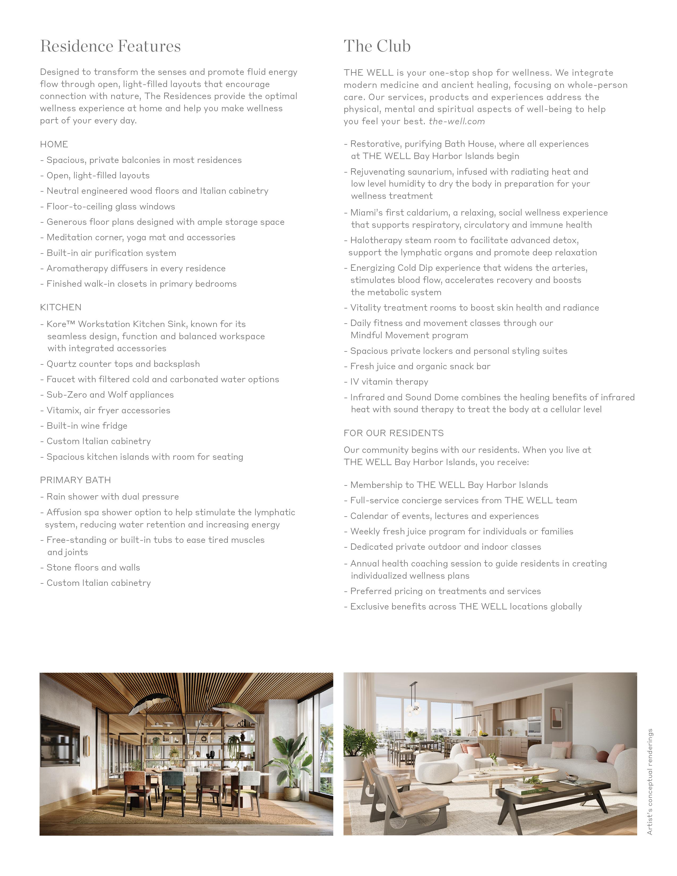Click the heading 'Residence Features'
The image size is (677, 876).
click(x=110, y=46)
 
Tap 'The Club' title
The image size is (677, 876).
click(x=377, y=46)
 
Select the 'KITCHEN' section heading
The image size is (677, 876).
click(x=61, y=307)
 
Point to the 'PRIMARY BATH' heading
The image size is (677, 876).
click(x=75, y=480)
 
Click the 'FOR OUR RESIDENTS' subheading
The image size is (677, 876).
click(x=393, y=433)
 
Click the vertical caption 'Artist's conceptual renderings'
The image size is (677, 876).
click(x=650, y=782)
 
